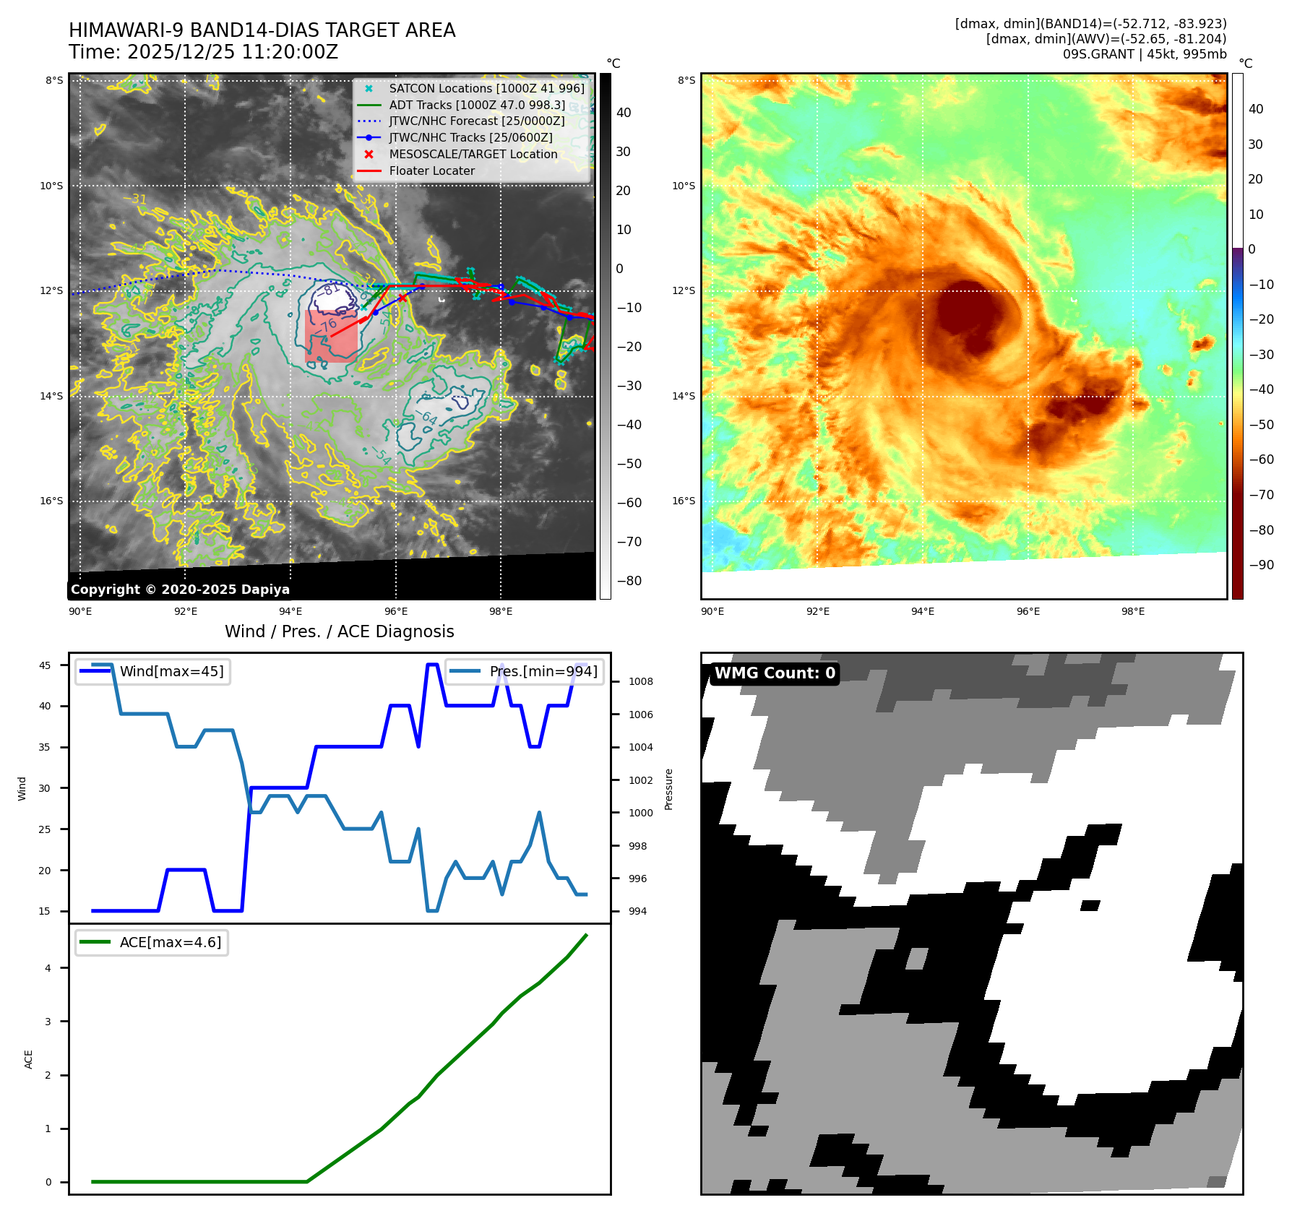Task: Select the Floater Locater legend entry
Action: coord(431,171)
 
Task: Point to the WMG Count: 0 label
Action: coord(775,673)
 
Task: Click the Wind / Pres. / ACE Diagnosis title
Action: coord(340,631)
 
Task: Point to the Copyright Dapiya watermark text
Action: coord(180,590)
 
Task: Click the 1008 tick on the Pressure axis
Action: coord(640,681)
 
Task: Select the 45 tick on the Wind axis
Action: coord(45,665)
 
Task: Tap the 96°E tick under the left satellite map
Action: coord(396,611)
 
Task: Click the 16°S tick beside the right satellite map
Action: coord(684,501)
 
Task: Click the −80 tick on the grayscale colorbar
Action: coord(629,581)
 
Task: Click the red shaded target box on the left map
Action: coord(331,337)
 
